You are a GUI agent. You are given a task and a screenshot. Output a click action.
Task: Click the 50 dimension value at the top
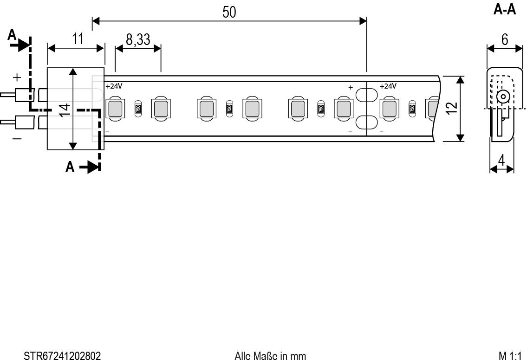tap(229, 12)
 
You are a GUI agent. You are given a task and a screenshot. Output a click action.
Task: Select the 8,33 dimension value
tap(138, 40)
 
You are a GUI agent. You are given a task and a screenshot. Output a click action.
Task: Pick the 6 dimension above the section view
tap(504, 40)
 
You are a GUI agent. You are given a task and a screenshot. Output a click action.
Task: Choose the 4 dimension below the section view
tap(501, 161)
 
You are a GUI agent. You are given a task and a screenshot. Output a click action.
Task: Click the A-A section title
tap(504, 10)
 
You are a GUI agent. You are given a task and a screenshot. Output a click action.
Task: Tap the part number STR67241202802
tap(62, 355)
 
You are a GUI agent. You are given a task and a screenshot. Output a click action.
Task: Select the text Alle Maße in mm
tap(270, 355)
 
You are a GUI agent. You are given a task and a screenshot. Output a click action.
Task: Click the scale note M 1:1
tap(511, 355)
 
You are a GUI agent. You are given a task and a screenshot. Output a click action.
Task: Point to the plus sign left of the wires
tap(17, 77)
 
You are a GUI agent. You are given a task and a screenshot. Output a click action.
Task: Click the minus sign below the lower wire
tap(17, 138)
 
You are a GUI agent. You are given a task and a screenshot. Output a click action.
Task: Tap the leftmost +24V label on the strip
tap(114, 86)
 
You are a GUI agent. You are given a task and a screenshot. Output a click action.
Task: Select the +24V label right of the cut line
tap(388, 86)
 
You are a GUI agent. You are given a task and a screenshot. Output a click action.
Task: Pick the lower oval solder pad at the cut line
tap(367, 122)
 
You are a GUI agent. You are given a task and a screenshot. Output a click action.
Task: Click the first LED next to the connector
tap(115, 109)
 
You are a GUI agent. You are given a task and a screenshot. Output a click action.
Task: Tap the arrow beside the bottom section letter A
tap(90, 167)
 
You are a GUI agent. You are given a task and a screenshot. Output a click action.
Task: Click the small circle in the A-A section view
tap(501, 97)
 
